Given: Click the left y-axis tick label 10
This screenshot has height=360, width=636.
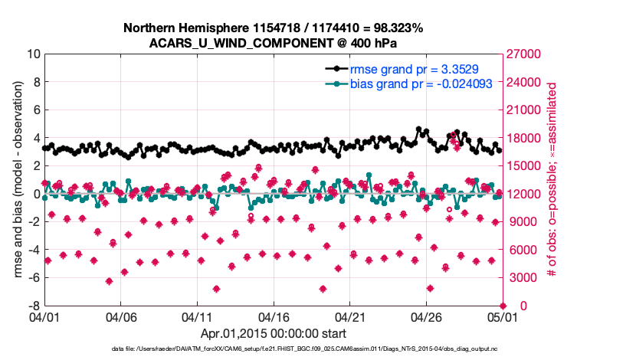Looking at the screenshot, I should pos(33,54).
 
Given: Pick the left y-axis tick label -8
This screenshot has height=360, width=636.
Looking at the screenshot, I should pos(33,306).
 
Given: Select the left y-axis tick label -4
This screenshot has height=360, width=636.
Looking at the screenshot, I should pos(33,250).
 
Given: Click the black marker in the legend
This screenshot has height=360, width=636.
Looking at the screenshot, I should pos(335,68).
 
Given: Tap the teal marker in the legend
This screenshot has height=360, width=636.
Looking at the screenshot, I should pos(335,83).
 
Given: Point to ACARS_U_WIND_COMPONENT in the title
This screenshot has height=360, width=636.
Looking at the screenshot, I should pos(252,42).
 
